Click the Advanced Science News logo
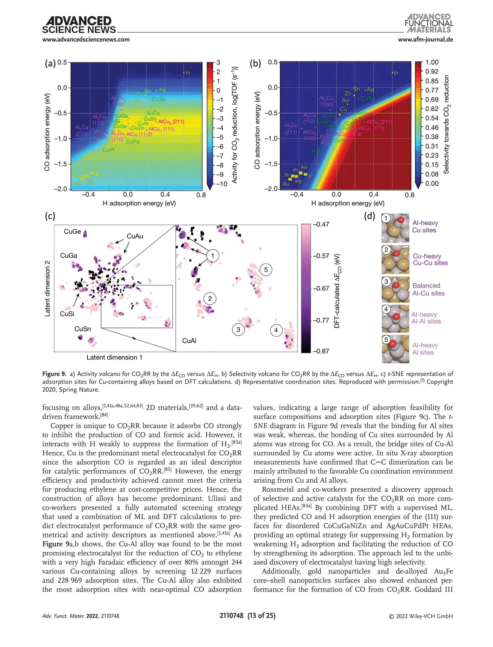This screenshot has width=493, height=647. [79, 25]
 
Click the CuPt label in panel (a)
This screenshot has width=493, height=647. [109, 150]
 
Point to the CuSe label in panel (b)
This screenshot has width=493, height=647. [367, 99]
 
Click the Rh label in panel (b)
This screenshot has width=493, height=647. [304, 168]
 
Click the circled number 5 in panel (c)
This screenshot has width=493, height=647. [266, 270]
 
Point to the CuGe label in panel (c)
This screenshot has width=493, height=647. [72, 231]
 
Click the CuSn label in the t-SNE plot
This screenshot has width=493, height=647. [83, 329]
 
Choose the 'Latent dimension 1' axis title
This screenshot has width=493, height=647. [114, 357]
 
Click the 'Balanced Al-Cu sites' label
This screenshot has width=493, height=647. [428, 290]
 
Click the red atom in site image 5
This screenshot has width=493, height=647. [393, 343]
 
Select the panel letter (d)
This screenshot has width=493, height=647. [370, 216]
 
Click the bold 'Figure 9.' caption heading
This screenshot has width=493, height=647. [54, 374]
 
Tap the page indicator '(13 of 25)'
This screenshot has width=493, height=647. [261, 616]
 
